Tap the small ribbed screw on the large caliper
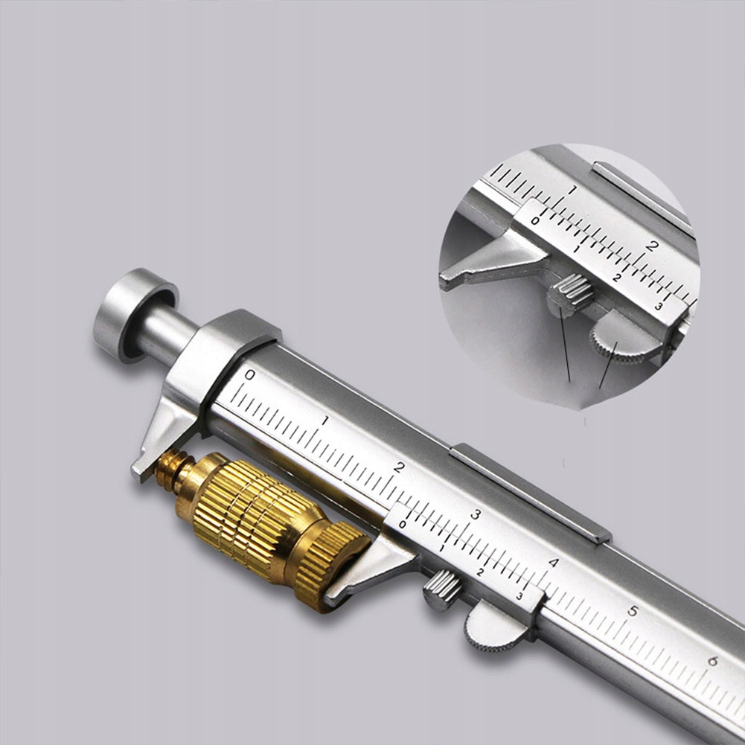click(x=442, y=589)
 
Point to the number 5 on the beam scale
click(x=632, y=611)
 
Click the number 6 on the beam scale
click(x=712, y=660)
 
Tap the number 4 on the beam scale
click(x=553, y=563)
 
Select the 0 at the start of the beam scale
click(x=249, y=374)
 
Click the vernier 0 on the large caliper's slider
click(x=403, y=524)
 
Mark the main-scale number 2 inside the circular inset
click(x=652, y=246)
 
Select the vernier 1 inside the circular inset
click(x=575, y=249)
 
